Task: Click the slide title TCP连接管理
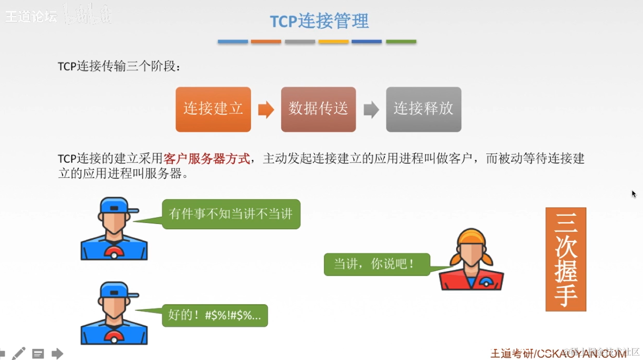tap(319, 21)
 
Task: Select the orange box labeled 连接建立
tap(213, 109)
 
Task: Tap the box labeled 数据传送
tap(318, 109)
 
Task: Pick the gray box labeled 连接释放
tap(423, 109)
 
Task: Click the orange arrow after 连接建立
tap(266, 110)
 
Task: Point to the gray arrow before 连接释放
tap(371, 110)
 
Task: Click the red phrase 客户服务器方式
tap(207, 159)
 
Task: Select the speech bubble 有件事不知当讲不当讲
tap(231, 214)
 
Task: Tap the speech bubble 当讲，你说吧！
tap(377, 264)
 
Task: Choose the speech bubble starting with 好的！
tap(215, 315)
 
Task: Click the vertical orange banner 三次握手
tap(566, 259)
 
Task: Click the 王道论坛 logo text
tap(31, 16)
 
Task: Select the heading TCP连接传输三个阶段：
tap(119, 67)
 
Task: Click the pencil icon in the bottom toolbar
tap(19, 353)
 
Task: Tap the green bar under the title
tap(401, 42)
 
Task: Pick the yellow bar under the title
tap(333, 42)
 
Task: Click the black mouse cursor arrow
tap(634, 194)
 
